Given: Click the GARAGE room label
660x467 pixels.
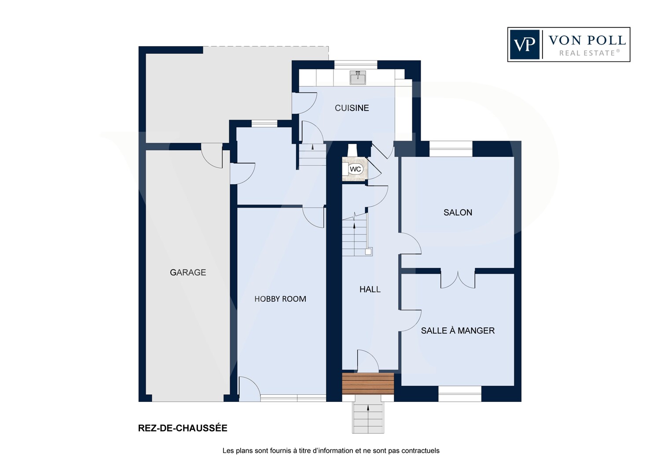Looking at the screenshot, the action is pos(188,272).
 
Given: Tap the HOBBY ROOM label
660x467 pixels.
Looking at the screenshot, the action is pos(280,299).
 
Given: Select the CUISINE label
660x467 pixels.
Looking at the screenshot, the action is pos(352,108).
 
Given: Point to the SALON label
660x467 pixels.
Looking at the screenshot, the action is pos(458,212).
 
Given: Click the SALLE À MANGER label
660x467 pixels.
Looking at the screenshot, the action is pos(458,331).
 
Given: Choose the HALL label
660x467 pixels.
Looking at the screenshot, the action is pos(370,289).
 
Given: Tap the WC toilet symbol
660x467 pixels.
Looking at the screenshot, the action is pos(356,169).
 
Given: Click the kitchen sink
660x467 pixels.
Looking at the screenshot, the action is pos(358,77).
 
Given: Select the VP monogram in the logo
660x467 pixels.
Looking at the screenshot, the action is pos(524,44).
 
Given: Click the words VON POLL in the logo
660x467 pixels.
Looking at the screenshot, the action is pos(587,41).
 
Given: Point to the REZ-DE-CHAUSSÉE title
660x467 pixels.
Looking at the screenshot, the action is pos(183,428).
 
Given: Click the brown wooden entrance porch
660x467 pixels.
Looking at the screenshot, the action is pos(368,383).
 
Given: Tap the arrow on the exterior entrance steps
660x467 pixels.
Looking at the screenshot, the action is pos(368,408).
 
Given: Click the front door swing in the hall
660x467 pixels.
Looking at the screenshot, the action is pos(368,360).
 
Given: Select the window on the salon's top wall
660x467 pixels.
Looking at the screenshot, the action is pos(451,148).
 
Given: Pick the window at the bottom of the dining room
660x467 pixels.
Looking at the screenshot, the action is pos(460,394).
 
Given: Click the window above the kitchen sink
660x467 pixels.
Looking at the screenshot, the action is pos(356,65).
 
